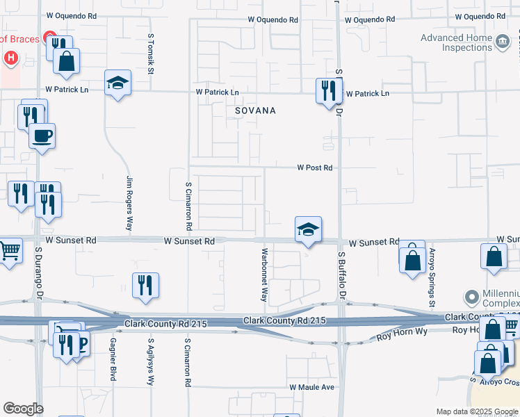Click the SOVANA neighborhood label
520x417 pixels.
(x=254, y=111)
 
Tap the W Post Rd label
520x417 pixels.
(x=315, y=167)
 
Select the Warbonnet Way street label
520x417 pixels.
(x=264, y=274)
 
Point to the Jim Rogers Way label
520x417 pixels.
(x=129, y=203)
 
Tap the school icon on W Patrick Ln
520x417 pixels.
(x=117, y=83)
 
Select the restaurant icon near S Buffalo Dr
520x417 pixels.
(x=327, y=91)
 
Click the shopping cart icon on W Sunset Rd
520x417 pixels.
(x=9, y=250)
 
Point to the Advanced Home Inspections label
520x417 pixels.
(x=456, y=42)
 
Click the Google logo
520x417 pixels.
(x=23, y=409)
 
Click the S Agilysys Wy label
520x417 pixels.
(x=150, y=362)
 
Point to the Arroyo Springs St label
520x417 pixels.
(x=432, y=278)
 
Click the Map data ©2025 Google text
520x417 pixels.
(x=476, y=411)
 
